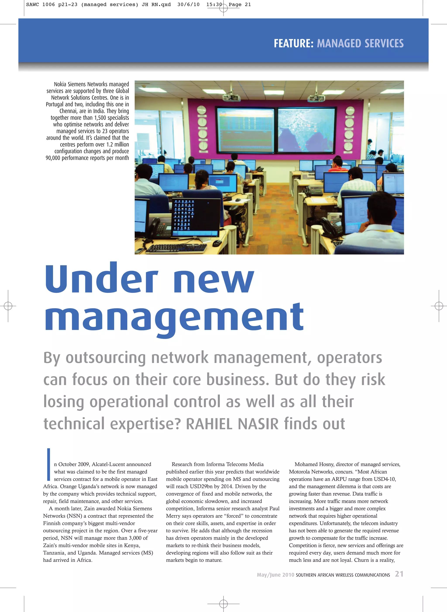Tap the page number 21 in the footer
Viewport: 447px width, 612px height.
click(x=399, y=574)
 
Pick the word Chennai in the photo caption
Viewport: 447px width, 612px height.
click(x=69, y=111)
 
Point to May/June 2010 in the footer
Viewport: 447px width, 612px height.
click(x=275, y=575)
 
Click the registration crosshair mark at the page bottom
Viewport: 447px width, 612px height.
click(x=223, y=603)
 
